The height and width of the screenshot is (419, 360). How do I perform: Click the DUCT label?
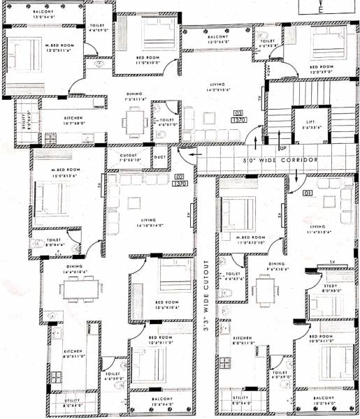(159, 156)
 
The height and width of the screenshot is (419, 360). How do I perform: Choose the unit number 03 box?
(238, 113)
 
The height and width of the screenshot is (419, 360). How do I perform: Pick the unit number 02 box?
(180, 177)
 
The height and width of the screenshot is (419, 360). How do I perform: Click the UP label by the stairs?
(282, 149)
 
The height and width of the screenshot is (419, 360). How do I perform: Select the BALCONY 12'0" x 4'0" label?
(217, 39)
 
